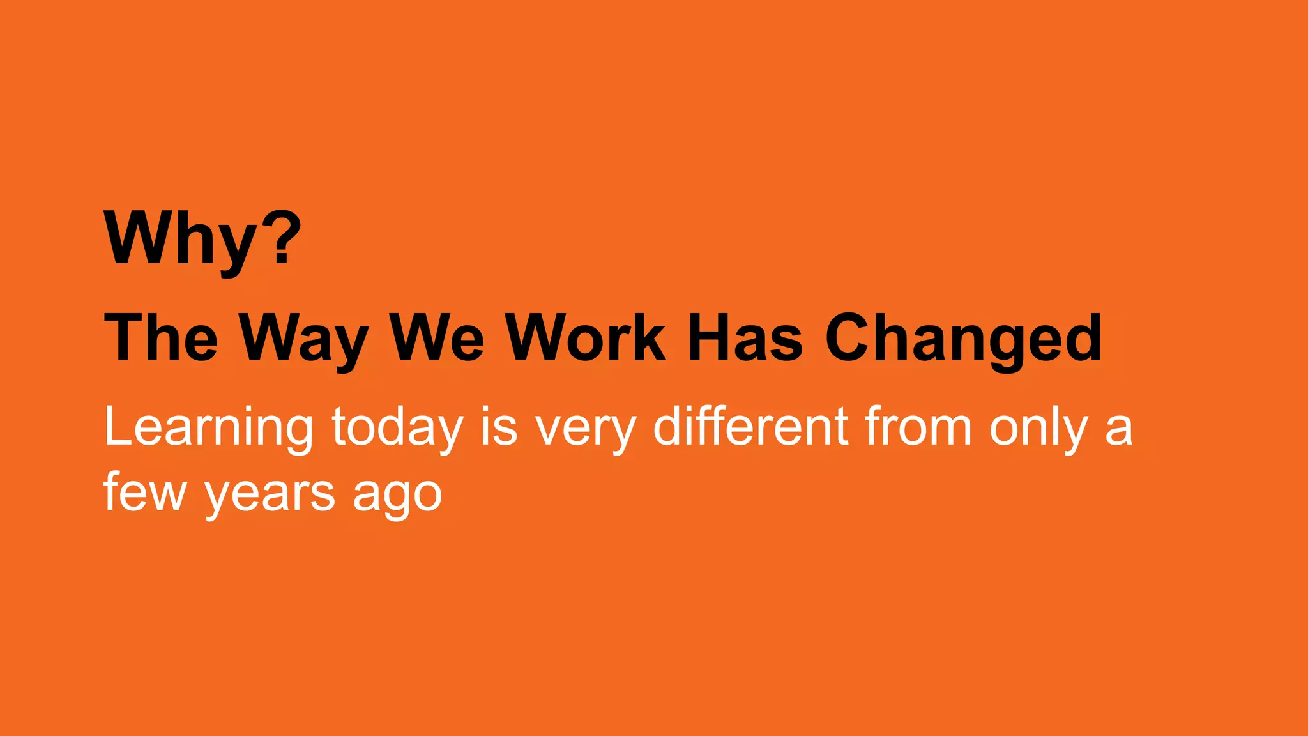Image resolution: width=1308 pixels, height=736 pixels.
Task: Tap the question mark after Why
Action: coord(282,238)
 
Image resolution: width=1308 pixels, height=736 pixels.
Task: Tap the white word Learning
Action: coord(208,427)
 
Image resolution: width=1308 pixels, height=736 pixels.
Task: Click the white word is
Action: coord(499,427)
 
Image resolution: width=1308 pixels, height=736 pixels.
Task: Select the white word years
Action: coord(270,494)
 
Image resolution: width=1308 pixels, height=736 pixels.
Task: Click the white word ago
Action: coord(397,496)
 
